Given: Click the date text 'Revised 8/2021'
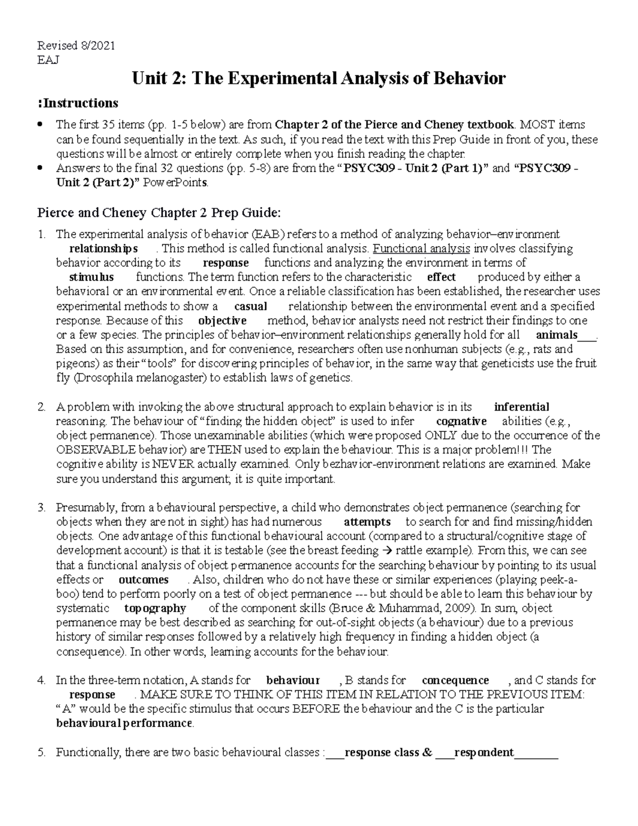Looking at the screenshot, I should pyautogui.click(x=75, y=46).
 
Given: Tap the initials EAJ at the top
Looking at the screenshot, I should pyautogui.click(x=47, y=60).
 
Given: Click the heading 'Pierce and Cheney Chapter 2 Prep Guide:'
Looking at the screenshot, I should pyautogui.click(x=158, y=213).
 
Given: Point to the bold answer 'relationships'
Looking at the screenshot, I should pyautogui.click(x=104, y=248).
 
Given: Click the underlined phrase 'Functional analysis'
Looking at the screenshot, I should pyautogui.click(x=422, y=248).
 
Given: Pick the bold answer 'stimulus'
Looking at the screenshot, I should pyautogui.click(x=91, y=277).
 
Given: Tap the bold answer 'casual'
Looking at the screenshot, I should pyautogui.click(x=250, y=306).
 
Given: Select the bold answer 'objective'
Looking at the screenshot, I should pyautogui.click(x=222, y=321).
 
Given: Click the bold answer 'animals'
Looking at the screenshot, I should pyautogui.click(x=557, y=335).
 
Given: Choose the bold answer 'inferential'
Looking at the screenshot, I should pyautogui.click(x=521, y=407).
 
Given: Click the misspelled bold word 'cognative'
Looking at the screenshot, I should pyautogui.click(x=461, y=421).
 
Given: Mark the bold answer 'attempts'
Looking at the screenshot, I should pyautogui.click(x=367, y=522).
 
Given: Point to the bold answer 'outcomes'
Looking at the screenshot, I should pyautogui.click(x=144, y=580).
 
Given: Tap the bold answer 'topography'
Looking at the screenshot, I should pyautogui.click(x=155, y=608).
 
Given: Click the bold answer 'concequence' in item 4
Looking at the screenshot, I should pyautogui.click(x=455, y=680).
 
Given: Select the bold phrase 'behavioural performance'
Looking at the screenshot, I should pyautogui.click(x=124, y=723).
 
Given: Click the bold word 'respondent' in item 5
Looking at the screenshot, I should pyautogui.click(x=484, y=753).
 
